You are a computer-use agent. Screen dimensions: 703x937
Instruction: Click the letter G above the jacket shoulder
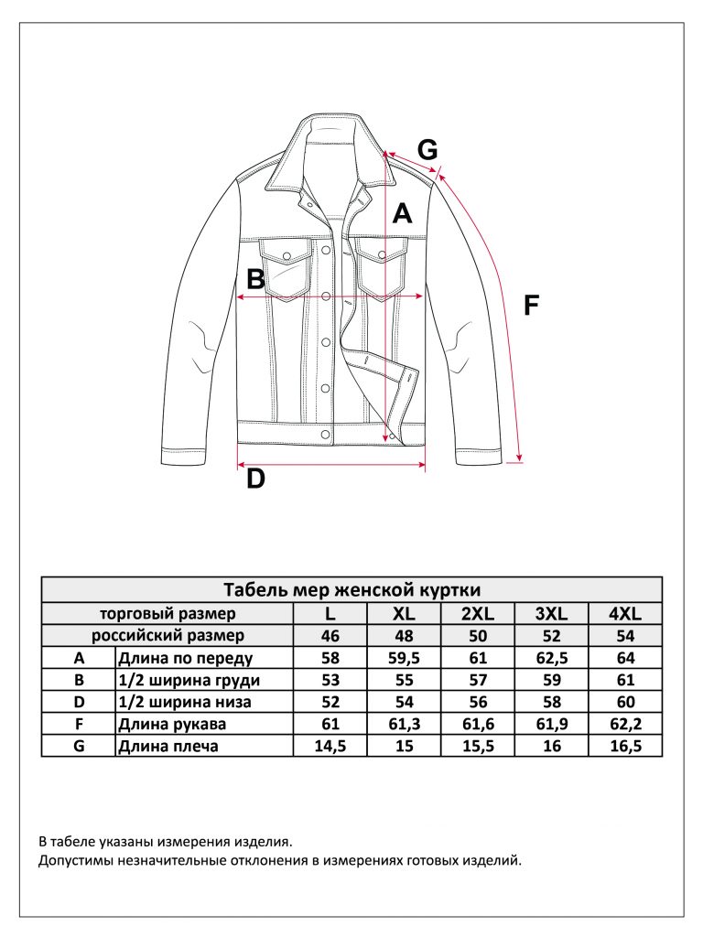(427, 149)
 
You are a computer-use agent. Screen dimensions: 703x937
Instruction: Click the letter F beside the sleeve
(531, 306)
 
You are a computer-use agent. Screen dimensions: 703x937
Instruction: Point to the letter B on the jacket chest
(256, 279)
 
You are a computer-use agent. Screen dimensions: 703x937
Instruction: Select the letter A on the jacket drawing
(403, 213)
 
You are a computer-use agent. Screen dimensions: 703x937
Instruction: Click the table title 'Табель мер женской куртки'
(352, 590)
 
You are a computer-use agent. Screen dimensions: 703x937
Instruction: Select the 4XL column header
(625, 613)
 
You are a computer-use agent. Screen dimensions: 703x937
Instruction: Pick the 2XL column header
(478, 613)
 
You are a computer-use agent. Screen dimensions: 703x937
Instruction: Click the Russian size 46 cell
(330, 635)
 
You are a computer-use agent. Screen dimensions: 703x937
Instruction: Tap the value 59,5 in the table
(404, 658)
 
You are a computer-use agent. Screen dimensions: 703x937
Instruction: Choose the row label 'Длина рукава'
(172, 725)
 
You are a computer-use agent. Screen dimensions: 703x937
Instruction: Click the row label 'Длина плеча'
(168, 747)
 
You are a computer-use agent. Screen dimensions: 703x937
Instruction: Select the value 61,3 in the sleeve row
(404, 725)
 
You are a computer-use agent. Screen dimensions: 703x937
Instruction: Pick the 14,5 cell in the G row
(330, 747)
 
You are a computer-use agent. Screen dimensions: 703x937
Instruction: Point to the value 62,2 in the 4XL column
(625, 725)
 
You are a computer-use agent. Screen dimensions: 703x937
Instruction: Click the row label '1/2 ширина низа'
(185, 702)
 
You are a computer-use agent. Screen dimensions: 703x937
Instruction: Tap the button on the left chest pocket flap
(287, 256)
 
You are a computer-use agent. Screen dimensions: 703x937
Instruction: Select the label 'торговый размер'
(168, 614)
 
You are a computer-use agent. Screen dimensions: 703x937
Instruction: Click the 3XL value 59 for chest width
(552, 680)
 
